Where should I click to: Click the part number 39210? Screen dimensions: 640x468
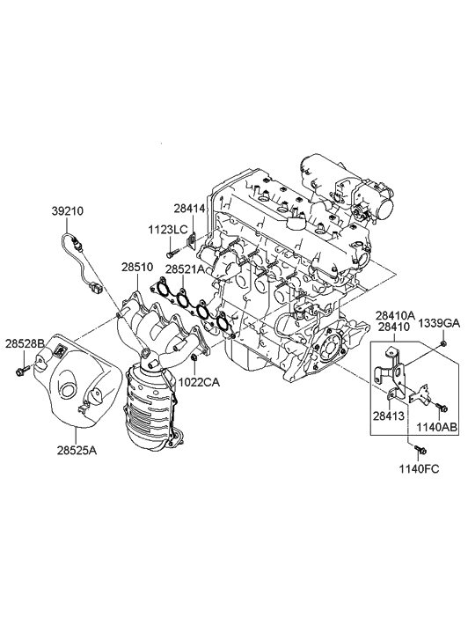click(68, 212)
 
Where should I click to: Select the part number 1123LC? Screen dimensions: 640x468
click(167, 230)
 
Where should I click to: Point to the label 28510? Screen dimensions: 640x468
click(137, 266)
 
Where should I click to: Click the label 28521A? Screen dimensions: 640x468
click(186, 269)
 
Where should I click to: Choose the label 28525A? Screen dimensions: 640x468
click(77, 450)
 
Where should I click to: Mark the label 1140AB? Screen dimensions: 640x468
click(435, 428)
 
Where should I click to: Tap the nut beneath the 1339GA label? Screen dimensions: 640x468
click(444, 342)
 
